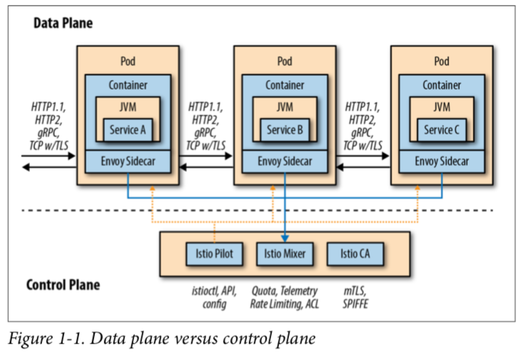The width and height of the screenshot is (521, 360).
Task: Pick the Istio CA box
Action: click(x=354, y=254)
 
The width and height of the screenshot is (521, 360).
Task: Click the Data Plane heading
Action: click(x=63, y=23)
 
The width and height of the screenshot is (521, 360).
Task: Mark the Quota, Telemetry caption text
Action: click(x=285, y=292)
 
